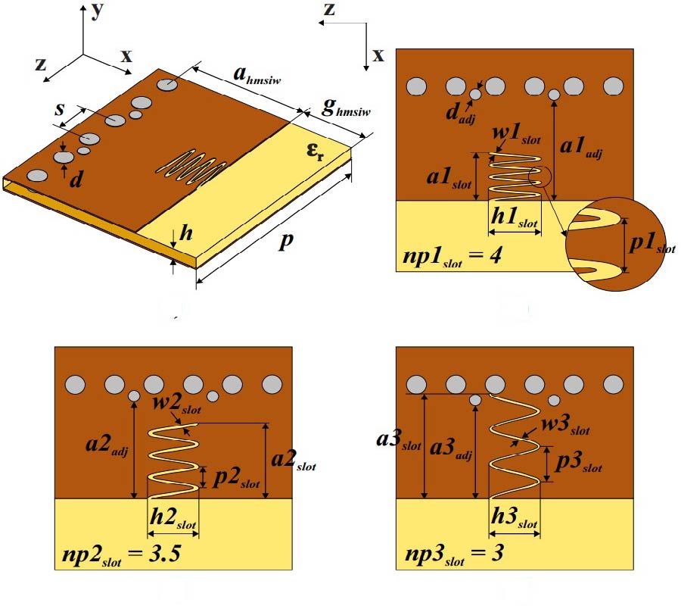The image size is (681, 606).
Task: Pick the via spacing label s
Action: (x=59, y=108)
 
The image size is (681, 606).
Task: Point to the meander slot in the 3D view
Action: (x=192, y=166)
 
